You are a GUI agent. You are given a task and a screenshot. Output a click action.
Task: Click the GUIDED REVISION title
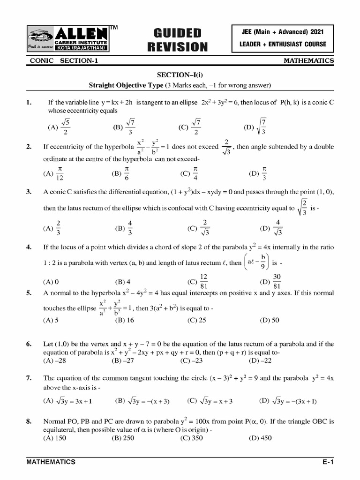coord(177,39)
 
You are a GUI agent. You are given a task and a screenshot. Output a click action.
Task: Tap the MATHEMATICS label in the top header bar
coord(309,61)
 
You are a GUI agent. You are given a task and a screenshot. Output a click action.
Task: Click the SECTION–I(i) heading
coord(180,75)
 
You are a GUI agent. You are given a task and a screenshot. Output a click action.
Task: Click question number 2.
coord(29,147)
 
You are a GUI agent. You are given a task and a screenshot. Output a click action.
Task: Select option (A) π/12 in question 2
coord(53,173)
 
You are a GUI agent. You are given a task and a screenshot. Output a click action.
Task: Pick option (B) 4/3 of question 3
coord(124,228)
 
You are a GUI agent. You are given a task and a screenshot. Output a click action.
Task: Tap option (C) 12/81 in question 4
coord(197,281)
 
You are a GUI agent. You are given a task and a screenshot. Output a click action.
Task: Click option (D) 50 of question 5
coord(269,321)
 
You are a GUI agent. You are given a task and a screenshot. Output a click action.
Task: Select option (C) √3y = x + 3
coord(210,401)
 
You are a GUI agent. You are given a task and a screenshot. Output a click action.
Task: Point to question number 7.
coord(29,378)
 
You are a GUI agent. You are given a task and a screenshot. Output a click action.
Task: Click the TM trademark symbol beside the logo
coord(113,28)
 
